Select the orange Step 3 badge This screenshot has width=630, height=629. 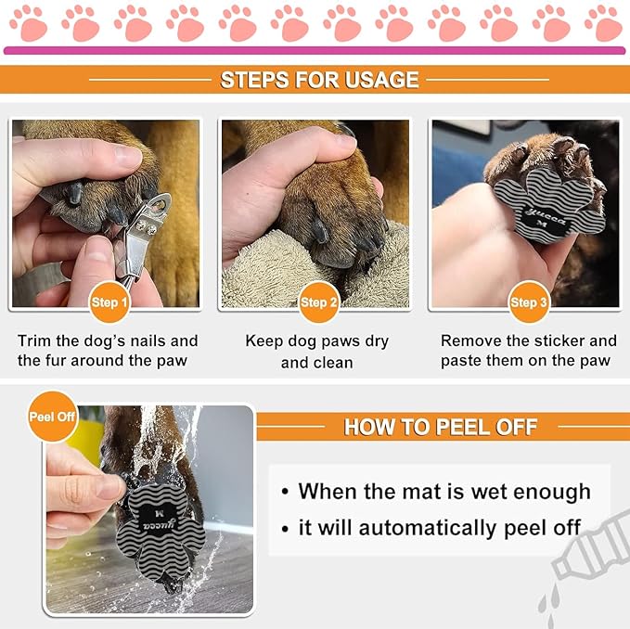click(x=527, y=302)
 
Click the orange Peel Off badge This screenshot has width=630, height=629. click(x=52, y=417)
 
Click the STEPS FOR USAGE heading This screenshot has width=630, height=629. click(x=319, y=80)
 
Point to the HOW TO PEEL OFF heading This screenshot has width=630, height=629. click(x=441, y=427)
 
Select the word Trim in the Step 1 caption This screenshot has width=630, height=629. click(x=34, y=340)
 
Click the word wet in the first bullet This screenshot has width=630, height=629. click(x=490, y=491)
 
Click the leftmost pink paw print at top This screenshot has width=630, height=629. click(x=29, y=22)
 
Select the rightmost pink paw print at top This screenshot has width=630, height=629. click(x=603, y=22)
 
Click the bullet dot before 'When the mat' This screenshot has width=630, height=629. click(x=285, y=493)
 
